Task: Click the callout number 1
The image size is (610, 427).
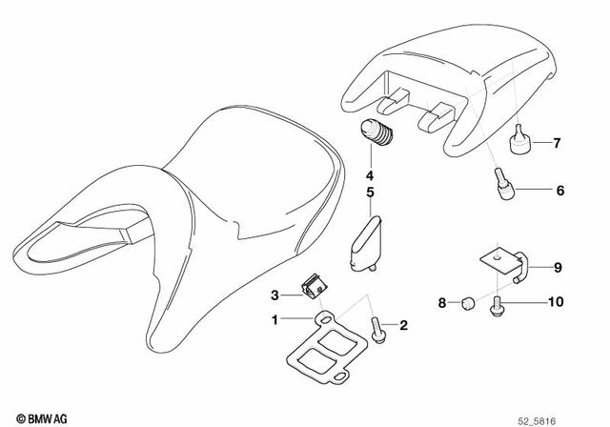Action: pos(275,319)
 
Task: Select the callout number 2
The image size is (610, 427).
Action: pos(403,326)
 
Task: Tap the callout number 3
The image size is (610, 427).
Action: pos(275,294)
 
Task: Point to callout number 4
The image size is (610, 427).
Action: pos(369,175)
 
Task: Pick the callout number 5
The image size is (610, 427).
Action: pos(369,193)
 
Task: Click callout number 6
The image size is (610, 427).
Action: pos(559,191)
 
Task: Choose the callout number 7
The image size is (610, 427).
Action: pos(559,145)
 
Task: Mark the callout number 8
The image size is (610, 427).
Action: pos(441,303)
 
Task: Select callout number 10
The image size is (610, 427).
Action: pos(556,303)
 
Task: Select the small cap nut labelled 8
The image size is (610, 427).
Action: pos(467,304)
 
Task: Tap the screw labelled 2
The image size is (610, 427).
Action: pos(378,328)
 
